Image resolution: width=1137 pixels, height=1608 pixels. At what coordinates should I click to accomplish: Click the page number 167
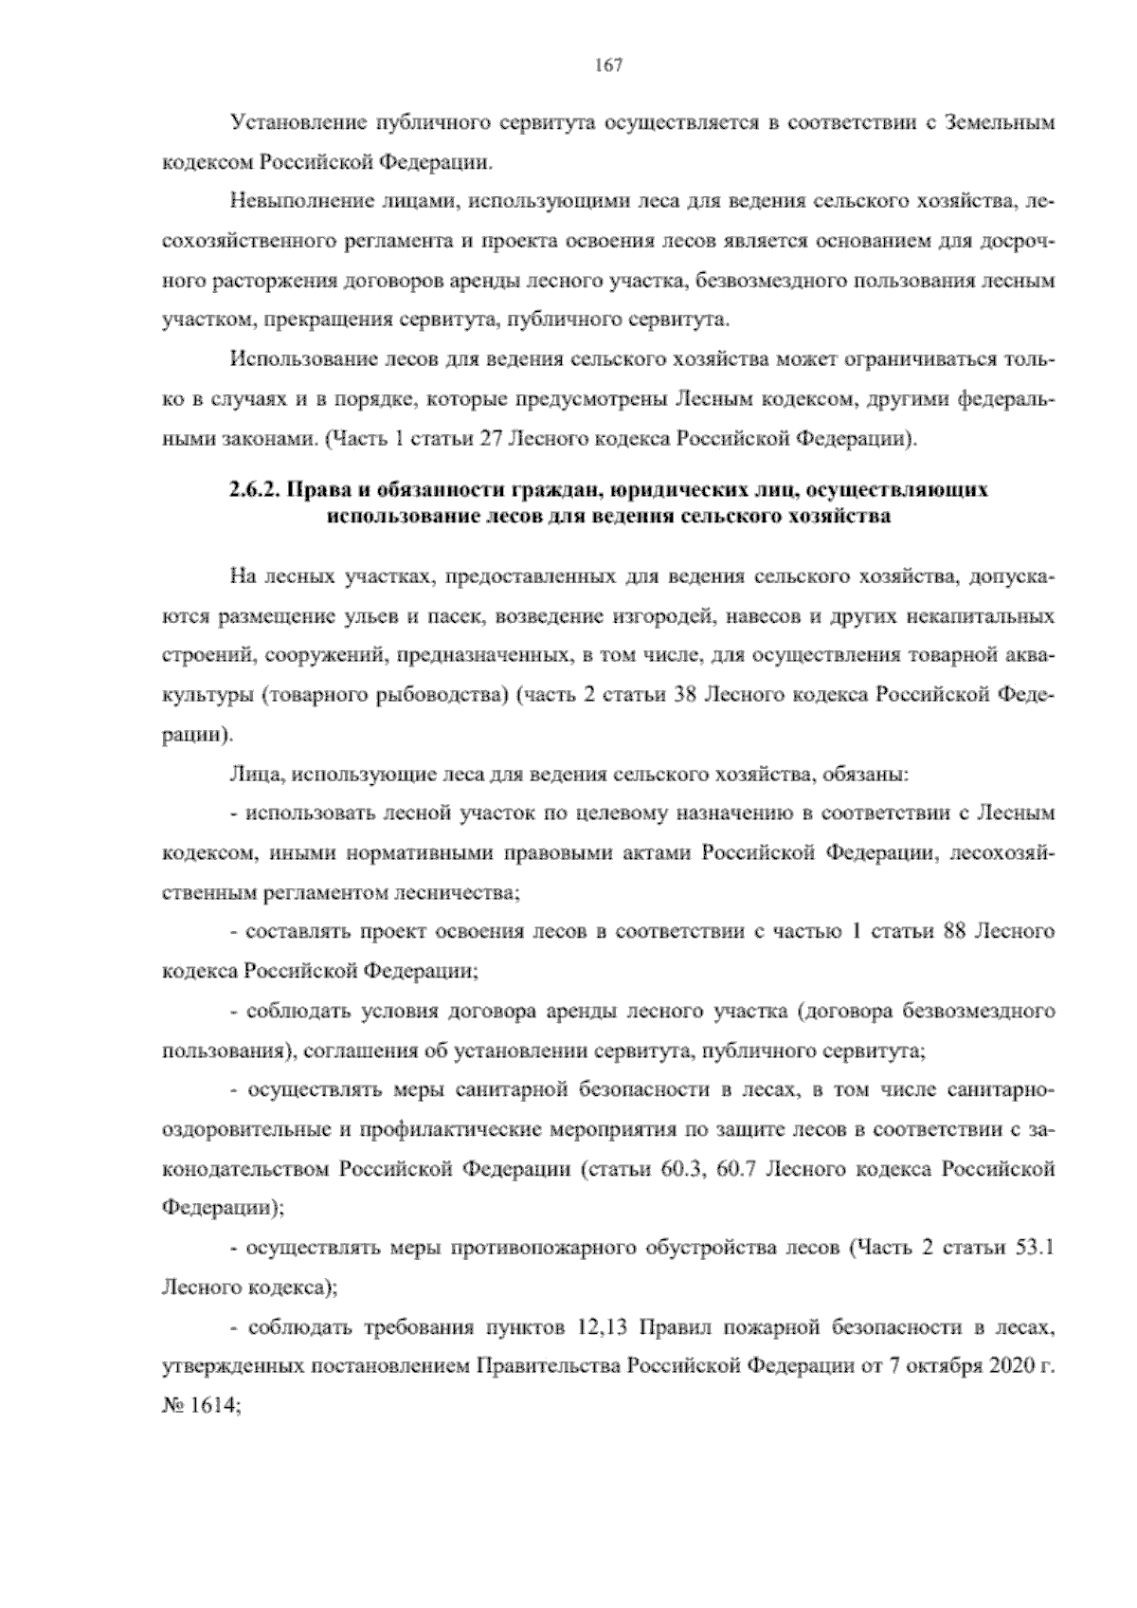pos(607,65)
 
